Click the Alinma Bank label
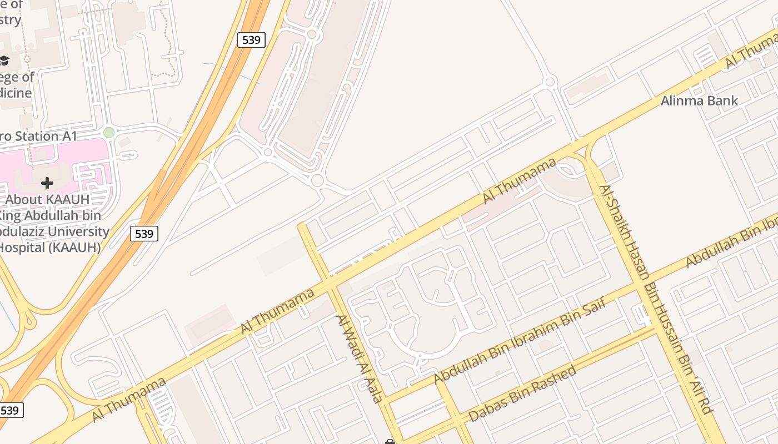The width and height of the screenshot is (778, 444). [x=699, y=100]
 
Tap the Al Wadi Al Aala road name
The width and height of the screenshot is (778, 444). [x=360, y=359]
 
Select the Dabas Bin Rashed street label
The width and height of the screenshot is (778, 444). [x=522, y=393]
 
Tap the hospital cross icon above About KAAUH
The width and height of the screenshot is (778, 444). [x=47, y=182]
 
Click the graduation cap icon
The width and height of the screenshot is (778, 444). [x=4, y=60]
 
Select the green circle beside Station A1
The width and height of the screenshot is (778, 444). [x=109, y=133]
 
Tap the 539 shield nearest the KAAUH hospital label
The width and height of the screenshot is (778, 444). [x=144, y=234]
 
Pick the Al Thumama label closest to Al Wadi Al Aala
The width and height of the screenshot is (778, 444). [x=277, y=311]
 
